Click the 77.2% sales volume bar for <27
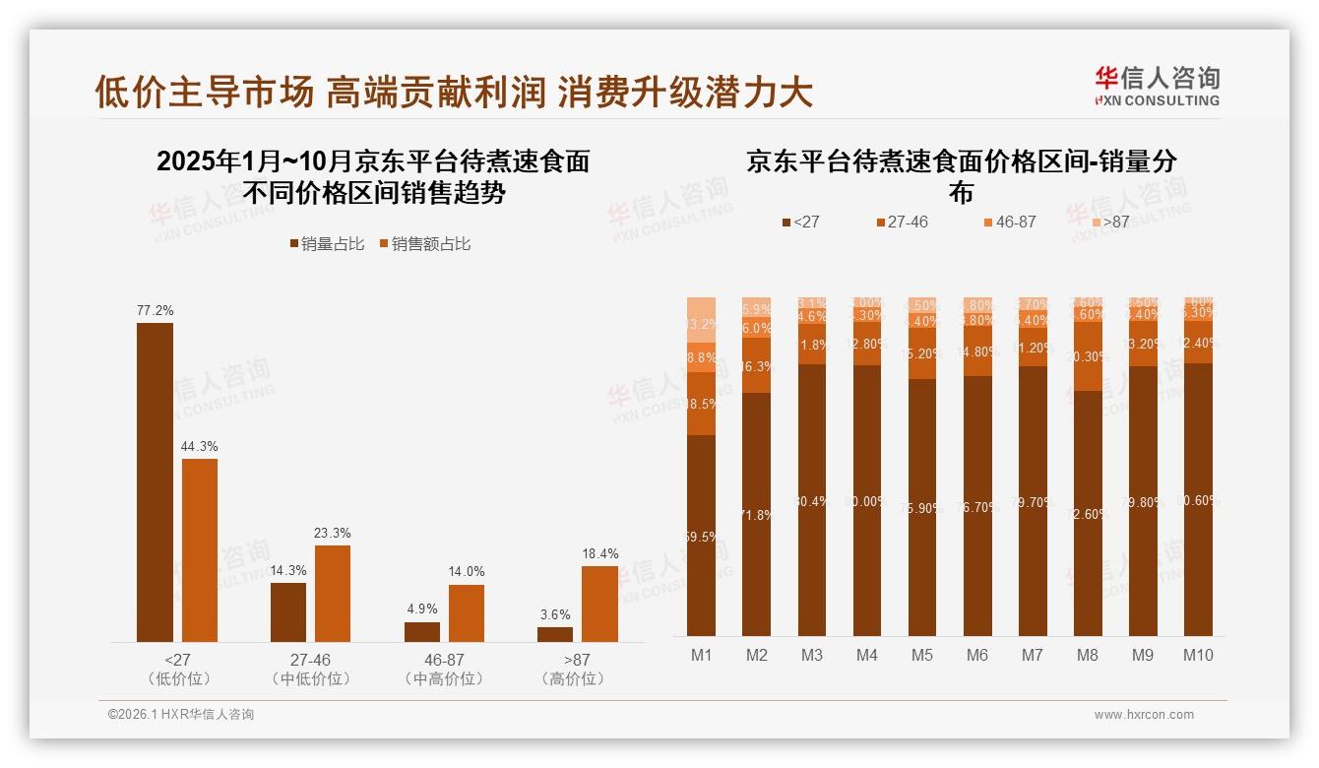pos(155,482)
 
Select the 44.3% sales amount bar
pos(200,550)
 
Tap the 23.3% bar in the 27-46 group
pos(333,594)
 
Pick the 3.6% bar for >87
pos(555,634)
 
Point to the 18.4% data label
pos(599,554)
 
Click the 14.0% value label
pos(467,572)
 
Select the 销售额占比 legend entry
pos(424,244)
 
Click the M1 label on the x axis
pos(701,655)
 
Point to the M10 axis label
pos(1197,655)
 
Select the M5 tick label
pos(921,655)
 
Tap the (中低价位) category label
pos(310,679)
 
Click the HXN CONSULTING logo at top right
pos(1157,87)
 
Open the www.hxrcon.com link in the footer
pos(1144,715)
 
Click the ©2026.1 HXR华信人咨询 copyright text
pos(181,715)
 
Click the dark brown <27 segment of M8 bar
pos(1088,513)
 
